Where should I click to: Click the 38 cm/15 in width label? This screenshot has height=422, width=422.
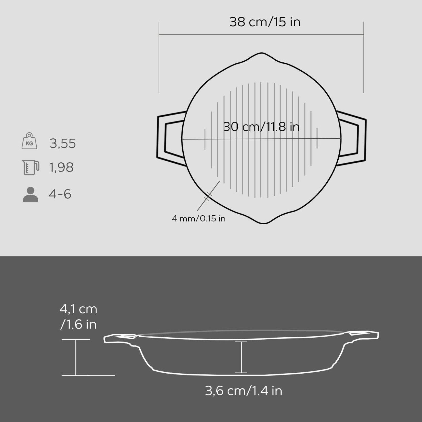(x=265, y=22)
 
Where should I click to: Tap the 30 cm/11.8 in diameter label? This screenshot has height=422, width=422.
(x=261, y=127)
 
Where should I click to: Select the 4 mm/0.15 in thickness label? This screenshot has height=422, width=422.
(x=198, y=219)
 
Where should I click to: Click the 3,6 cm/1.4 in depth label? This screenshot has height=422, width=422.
(x=243, y=391)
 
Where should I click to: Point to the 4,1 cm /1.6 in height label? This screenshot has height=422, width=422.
(x=78, y=317)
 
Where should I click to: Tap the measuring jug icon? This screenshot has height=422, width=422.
(x=30, y=167)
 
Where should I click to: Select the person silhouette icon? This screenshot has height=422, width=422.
(x=30, y=195)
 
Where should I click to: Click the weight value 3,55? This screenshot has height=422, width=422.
(x=63, y=143)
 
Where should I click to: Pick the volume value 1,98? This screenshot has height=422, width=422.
(x=61, y=167)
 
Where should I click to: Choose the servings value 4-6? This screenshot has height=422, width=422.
(x=60, y=194)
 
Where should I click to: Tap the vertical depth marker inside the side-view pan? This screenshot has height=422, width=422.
(x=241, y=357)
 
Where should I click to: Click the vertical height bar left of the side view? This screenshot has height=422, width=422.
(x=76, y=357)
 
